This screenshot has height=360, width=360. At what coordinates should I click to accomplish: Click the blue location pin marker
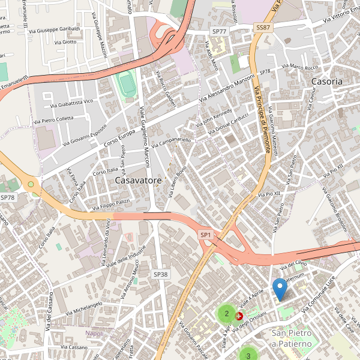[280, 290]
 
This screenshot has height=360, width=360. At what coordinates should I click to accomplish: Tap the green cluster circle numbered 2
[226, 313]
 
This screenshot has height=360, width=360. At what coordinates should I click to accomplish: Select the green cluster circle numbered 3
[248, 355]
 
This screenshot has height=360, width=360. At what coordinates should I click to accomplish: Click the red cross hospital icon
[240, 315]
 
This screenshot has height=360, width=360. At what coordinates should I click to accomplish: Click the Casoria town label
[327, 81]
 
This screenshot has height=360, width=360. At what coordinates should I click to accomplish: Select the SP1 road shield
[206, 235]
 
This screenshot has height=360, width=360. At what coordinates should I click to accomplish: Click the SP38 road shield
[160, 274]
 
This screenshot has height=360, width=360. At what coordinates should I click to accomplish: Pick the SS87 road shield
[263, 28]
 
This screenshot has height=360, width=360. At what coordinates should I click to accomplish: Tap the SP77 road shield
[219, 31]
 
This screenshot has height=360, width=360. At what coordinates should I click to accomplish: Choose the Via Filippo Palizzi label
[112, 204]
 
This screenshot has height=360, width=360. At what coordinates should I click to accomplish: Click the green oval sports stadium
[127, 85]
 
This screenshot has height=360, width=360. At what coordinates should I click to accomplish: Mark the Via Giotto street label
[65, 42]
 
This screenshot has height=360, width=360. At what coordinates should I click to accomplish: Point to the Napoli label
[94, 333]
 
